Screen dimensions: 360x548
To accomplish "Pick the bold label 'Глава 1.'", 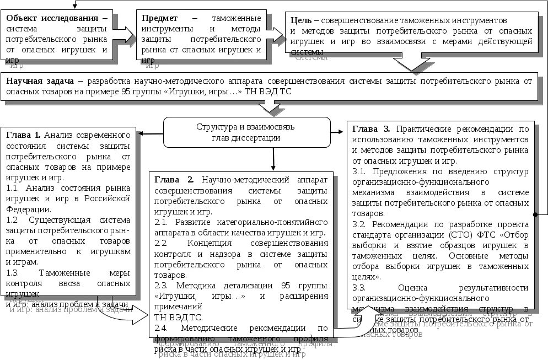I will click(23, 135).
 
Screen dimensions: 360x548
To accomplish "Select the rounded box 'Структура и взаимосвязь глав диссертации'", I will click(246, 132).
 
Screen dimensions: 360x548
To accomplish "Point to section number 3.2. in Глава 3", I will click(359, 224).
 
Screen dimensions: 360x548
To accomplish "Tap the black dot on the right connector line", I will click(534, 213).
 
